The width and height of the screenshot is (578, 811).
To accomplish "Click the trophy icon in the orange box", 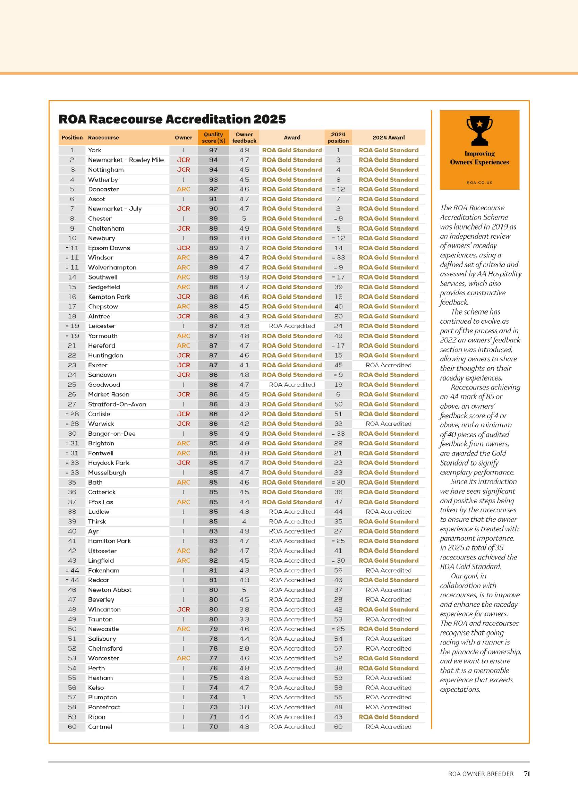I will coord(479,131).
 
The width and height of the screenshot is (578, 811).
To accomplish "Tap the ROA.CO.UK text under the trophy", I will coord(479,183).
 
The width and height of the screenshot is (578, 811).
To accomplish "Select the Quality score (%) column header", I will coord(213,137).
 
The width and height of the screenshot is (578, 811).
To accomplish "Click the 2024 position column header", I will coord(338,137).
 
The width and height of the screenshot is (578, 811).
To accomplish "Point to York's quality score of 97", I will coord(213,150).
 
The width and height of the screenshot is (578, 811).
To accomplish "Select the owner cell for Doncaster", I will coord(183,189).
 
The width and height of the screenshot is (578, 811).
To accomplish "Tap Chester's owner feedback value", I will coord(244,219).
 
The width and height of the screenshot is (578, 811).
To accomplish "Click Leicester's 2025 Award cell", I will coord(292,326).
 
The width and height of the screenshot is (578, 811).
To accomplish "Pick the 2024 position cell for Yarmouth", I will coord(338,336).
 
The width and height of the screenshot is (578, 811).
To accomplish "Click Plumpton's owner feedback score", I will coord(244,697).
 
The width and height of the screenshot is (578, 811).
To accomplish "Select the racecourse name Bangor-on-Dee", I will coord(112,434).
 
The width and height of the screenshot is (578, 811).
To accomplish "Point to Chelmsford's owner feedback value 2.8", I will coord(244,648).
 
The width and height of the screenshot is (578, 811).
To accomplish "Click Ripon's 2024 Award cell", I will coord(388,717).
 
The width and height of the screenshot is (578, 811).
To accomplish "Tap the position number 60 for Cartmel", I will coord(72,727).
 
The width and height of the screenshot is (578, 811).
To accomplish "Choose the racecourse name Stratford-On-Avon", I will coord(117,404).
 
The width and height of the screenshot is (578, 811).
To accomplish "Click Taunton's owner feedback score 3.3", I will coord(244,619).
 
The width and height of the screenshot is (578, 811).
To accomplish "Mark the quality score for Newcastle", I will coord(213,629).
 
